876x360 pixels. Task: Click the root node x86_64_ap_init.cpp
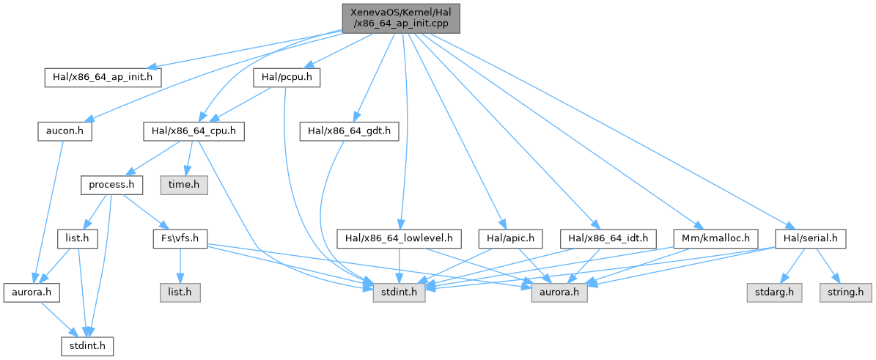point(400,17)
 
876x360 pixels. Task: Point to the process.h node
point(111,184)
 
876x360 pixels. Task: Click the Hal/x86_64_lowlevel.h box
point(399,238)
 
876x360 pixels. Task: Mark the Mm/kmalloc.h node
point(705,238)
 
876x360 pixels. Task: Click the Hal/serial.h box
point(811,238)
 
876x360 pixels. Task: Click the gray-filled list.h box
point(180,291)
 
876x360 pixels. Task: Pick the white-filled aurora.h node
point(30,291)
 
